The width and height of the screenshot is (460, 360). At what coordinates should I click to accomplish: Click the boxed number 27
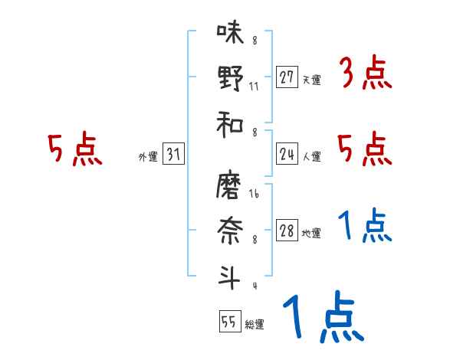287,77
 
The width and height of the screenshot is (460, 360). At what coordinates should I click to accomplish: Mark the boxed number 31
173,155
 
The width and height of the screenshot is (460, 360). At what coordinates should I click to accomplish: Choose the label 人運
311,157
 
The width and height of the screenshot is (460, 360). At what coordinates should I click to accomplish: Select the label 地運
311,234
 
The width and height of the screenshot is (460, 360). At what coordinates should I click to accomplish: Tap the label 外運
148,157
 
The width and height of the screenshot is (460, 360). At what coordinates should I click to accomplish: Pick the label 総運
254,325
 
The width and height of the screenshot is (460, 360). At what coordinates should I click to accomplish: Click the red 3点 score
365,74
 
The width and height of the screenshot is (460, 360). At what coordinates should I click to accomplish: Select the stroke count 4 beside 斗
254,286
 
